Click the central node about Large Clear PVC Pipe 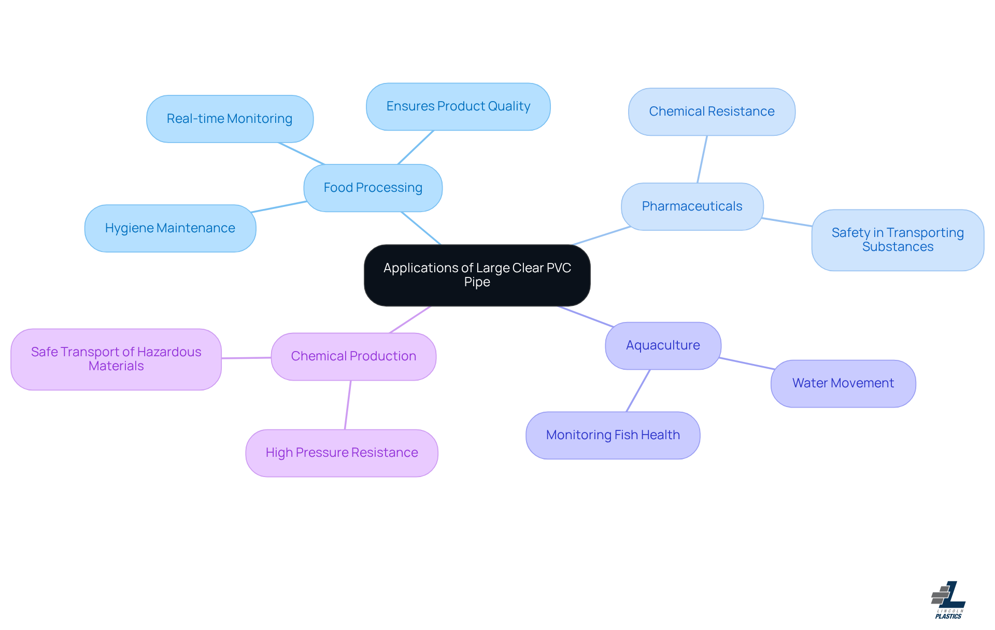point(477,275)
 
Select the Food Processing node point(373,188)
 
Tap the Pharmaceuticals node point(692,206)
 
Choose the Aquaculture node point(663,345)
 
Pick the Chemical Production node point(353,356)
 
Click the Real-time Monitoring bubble point(230,119)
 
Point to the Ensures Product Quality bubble point(458,106)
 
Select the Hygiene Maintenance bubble point(170,228)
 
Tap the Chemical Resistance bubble point(712,111)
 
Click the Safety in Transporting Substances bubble point(898,240)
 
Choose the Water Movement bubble point(843,383)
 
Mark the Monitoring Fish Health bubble point(613,435)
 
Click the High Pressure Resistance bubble point(342,453)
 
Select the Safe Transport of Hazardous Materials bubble point(116,359)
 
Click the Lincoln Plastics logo point(948,600)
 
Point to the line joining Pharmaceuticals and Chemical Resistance point(702,159)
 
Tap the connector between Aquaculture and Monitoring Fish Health point(638,390)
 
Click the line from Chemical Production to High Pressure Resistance point(348,405)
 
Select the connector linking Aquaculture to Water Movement point(746,363)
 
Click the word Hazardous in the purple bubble point(169,352)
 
